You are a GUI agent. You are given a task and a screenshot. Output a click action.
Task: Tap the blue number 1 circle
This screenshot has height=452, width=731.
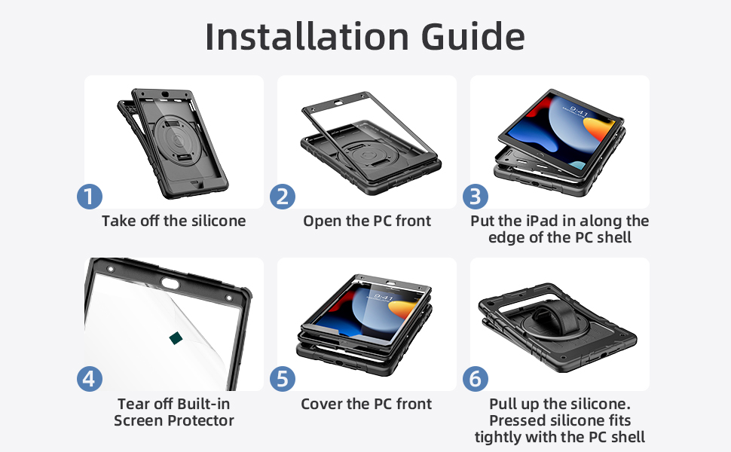tap(90, 197)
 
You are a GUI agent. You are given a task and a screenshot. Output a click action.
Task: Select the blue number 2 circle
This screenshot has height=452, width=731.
tap(283, 197)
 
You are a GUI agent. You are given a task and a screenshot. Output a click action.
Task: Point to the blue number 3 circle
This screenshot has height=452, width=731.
tap(476, 197)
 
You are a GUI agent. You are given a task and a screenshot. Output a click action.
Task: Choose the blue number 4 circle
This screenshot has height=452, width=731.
tap(90, 379)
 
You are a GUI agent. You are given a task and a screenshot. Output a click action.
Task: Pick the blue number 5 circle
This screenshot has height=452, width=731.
tap(283, 379)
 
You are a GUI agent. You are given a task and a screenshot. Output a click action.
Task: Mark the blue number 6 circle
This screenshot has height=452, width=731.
tap(476, 379)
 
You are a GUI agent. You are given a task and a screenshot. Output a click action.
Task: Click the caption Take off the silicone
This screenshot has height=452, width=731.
tap(173, 221)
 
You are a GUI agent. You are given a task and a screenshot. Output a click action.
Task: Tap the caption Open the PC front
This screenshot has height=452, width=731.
tap(367, 221)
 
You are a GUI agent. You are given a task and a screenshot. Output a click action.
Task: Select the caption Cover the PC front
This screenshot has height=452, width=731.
tap(366, 404)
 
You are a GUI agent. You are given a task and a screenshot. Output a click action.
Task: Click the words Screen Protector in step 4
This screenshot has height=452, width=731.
tap(174, 420)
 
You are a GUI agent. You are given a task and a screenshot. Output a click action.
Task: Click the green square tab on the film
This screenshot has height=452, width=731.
tap(176, 338)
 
